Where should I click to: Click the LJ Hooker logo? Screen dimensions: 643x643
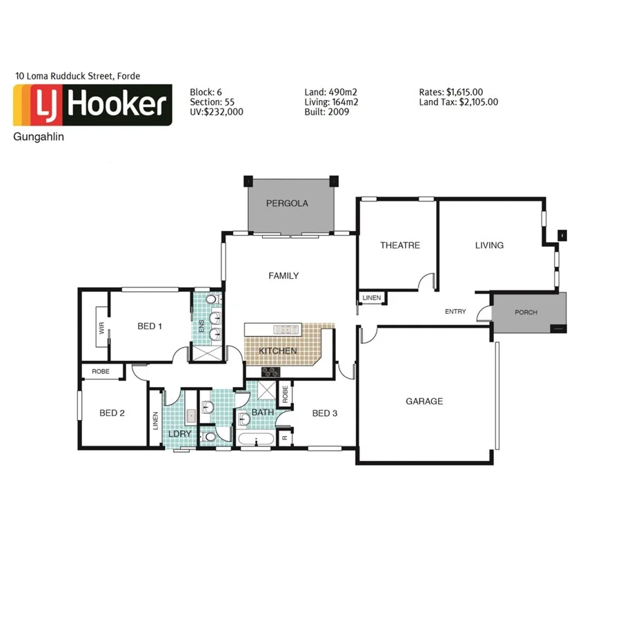92,105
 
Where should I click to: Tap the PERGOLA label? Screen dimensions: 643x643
287,204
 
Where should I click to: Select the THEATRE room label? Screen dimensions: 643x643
399,245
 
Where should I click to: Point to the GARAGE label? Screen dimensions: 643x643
424,401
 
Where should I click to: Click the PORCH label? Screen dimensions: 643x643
526,313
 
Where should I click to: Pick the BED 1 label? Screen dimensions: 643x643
150,326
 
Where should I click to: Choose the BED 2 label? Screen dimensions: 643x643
112,413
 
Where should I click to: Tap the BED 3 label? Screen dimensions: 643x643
325,413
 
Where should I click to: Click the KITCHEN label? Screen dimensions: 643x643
278,351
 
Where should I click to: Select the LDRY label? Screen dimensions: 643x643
179,433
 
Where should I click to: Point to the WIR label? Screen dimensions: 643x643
101,329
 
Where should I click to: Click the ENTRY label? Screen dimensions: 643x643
455,312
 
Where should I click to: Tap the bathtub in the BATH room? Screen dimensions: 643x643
256,439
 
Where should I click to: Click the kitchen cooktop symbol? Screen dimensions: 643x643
270,372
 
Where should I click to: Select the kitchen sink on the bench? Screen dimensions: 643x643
284,328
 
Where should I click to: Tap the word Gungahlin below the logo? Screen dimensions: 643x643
39,137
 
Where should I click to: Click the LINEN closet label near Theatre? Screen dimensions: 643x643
371,298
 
